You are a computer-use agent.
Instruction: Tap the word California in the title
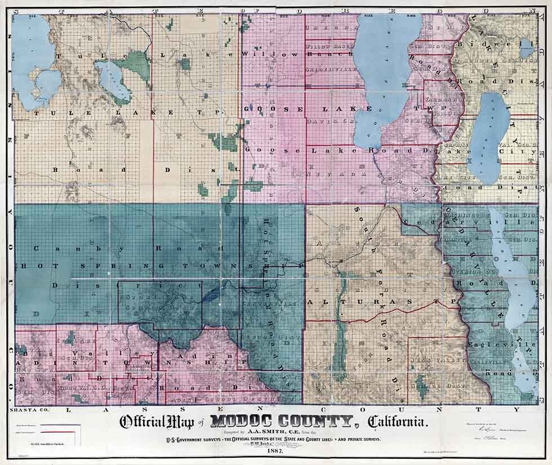coord(398,422)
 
